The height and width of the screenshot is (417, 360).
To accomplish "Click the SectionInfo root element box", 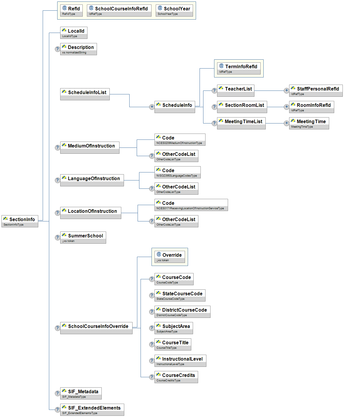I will click(20, 221).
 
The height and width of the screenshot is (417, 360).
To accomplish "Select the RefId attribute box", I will click(71, 10).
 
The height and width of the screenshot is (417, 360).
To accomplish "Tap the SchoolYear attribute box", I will click(174, 10).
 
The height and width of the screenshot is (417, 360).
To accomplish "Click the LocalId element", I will click(74, 33).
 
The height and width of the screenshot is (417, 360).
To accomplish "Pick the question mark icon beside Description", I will click(58, 49).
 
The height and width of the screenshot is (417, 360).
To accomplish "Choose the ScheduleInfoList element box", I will click(85, 94).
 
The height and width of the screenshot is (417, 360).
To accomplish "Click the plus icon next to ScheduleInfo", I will click(152, 107).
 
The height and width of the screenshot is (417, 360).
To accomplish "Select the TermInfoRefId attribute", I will click(239, 68).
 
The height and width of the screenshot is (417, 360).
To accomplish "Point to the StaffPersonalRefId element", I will click(316, 91).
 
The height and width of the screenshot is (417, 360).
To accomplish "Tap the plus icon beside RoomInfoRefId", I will click(286, 107).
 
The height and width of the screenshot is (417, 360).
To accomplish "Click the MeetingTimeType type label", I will click(302, 127).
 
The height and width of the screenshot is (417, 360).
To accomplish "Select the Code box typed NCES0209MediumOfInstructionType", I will click(180, 139).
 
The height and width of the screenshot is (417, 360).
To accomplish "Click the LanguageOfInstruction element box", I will click(92, 180).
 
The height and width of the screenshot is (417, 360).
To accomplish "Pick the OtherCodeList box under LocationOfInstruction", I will click(176, 221).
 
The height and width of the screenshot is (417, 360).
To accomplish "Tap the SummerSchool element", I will click(83, 237).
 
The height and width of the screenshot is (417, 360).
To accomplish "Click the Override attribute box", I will click(170, 257).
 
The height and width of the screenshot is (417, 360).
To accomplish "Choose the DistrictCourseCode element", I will click(182, 312).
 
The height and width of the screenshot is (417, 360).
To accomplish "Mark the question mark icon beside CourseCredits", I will click(152, 377).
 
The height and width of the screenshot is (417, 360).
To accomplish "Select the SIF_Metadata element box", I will click(81, 393).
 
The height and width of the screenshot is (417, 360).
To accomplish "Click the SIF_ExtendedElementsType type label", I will click(80, 413).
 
